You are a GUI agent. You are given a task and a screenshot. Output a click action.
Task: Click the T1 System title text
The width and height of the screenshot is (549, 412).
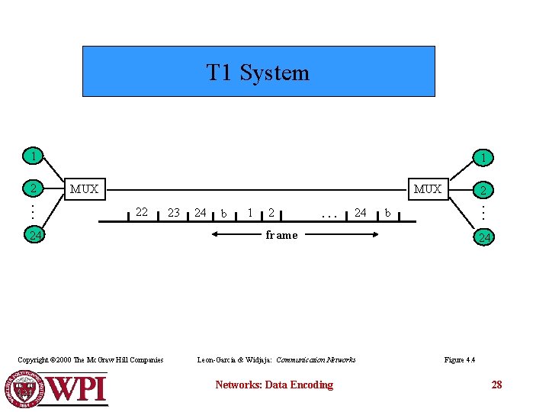(x=258, y=72)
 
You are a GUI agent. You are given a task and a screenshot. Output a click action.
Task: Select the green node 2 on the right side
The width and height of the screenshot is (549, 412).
(x=483, y=190)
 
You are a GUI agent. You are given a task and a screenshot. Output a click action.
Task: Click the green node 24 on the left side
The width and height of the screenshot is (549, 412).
(x=34, y=236)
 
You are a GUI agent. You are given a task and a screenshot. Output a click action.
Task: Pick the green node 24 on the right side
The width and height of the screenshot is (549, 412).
(x=483, y=238)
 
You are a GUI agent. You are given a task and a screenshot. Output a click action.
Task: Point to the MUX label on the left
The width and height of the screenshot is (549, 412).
(x=84, y=189)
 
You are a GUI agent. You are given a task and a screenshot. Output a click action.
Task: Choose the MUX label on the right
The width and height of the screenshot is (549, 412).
(x=428, y=189)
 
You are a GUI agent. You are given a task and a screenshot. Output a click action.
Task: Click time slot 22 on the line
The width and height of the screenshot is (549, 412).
(x=141, y=212)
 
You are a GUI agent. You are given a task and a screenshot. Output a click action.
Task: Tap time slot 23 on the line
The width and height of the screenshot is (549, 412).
(x=173, y=213)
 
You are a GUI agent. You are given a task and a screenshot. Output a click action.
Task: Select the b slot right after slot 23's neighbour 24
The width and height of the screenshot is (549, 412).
(x=223, y=213)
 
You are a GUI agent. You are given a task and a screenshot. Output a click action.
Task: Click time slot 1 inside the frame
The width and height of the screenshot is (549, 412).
(x=250, y=213)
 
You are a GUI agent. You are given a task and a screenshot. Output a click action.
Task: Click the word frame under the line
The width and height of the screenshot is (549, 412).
(x=281, y=235)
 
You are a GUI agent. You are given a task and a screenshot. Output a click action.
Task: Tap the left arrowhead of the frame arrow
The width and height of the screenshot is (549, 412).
(x=212, y=235)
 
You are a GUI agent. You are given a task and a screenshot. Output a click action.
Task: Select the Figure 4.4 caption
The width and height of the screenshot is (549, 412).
(x=459, y=360)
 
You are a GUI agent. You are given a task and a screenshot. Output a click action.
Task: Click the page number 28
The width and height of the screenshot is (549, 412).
(x=496, y=385)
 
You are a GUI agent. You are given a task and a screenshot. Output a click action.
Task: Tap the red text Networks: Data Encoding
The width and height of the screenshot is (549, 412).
(x=274, y=385)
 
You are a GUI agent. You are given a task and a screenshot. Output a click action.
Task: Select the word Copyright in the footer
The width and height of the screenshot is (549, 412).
(x=33, y=360)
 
